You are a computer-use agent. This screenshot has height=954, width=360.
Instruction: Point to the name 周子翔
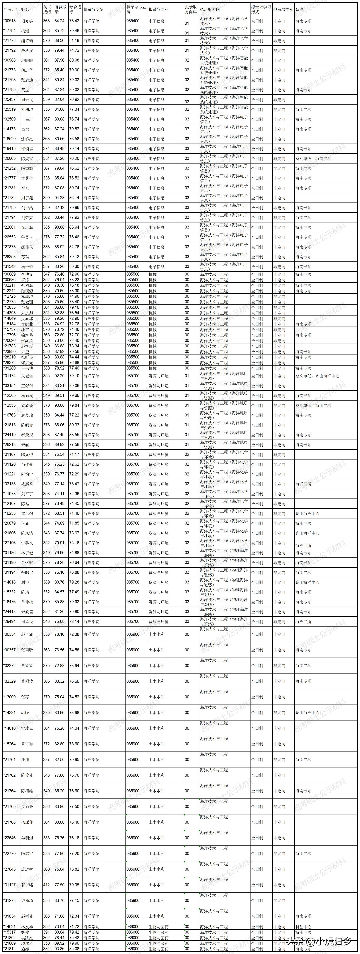click(27, 198)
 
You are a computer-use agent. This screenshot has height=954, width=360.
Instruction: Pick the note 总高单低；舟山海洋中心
click(317, 376)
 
